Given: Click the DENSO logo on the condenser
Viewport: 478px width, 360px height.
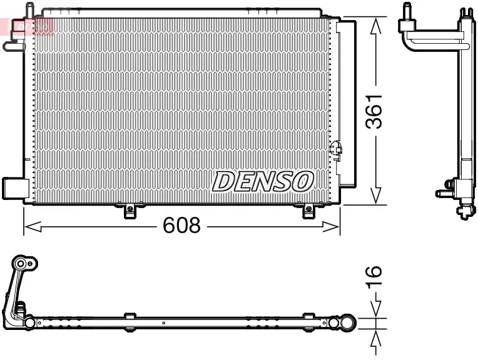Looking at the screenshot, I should tap(262, 181).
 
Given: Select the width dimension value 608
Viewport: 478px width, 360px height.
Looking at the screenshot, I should tap(181, 226).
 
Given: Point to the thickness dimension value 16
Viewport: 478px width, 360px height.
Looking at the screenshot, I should tap(374, 276).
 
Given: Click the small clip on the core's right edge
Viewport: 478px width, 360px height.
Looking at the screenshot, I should tap(335, 149).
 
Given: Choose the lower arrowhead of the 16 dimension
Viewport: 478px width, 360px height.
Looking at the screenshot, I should tap(375, 337).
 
